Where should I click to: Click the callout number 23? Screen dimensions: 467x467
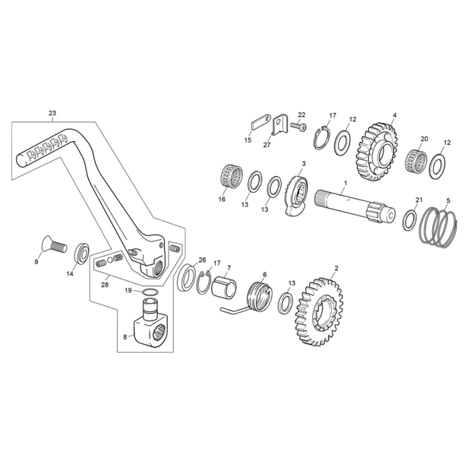pos(52,113)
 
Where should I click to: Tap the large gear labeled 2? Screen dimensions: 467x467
pos(320,310)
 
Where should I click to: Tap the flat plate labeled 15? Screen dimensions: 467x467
pos(260,121)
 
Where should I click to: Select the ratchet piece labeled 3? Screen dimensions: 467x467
pos(297,194)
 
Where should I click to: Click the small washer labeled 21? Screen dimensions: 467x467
pos(408,219)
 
